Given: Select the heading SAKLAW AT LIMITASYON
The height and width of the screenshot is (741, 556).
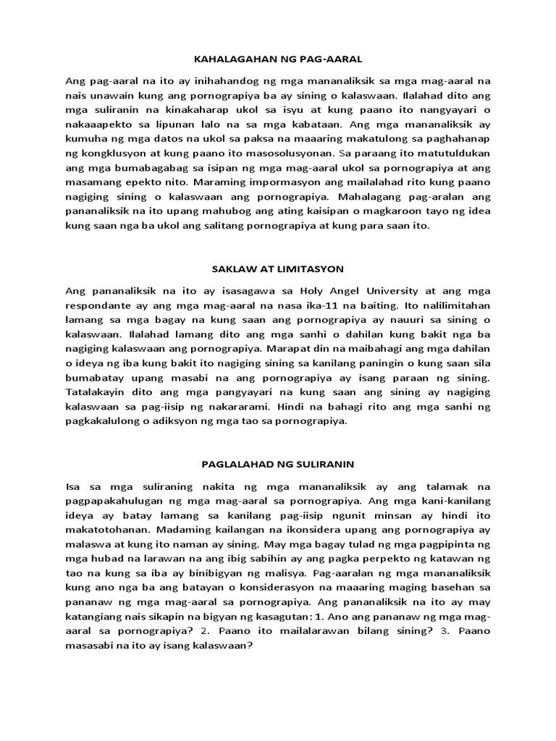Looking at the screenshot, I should coord(277,268).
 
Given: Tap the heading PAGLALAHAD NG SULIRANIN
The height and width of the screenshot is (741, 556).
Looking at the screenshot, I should coord(277,462).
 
